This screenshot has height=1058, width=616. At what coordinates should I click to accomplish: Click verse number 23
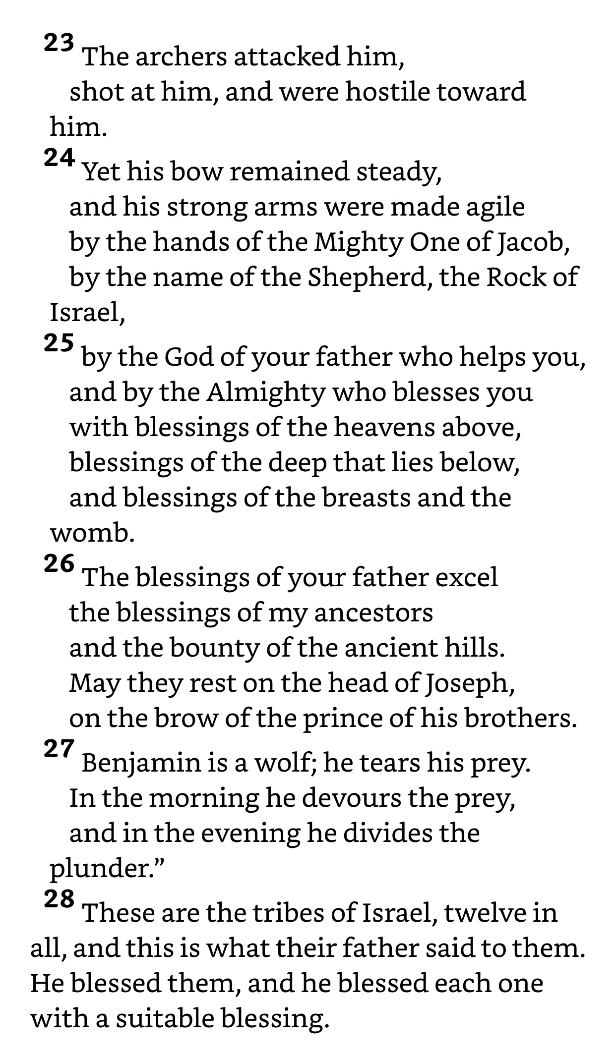[59, 44]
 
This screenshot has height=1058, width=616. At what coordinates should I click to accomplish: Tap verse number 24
[59, 158]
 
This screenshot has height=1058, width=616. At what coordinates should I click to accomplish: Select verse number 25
[59, 343]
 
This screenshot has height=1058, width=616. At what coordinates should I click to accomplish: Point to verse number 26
[59, 563]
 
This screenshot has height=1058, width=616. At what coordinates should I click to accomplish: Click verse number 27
[59, 749]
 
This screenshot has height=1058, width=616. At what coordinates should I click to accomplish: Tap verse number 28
[59, 899]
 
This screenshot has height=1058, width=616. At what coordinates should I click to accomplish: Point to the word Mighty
[359, 242]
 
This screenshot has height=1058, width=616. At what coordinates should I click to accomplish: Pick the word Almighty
[266, 393]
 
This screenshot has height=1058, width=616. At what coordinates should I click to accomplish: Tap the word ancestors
[373, 613]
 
